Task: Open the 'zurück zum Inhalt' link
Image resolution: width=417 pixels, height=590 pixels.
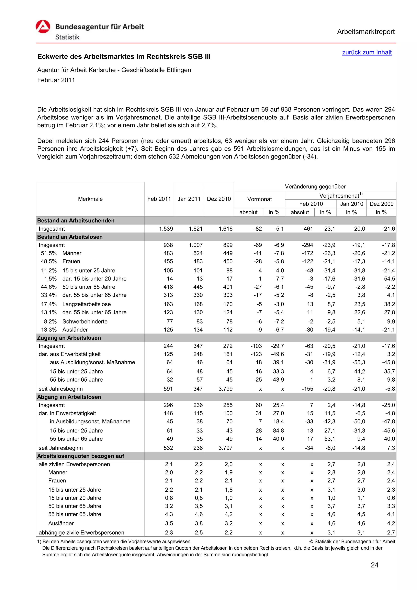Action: [367, 52]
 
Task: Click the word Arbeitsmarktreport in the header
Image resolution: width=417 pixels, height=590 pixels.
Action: [366, 32]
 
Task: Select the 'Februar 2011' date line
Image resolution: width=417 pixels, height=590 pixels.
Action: [56, 80]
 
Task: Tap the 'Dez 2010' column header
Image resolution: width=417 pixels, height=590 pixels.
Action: [219, 199]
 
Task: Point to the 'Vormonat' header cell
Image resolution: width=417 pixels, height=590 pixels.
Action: [259, 199]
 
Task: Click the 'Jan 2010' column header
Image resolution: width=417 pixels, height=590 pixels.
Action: [351, 204]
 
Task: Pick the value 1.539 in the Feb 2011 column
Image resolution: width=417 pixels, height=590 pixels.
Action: [166, 229]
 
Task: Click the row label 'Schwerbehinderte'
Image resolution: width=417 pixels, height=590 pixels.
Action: [85, 321]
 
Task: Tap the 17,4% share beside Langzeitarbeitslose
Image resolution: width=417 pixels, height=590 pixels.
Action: [49, 304]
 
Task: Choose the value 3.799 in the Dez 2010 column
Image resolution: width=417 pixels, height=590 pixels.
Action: [225, 389]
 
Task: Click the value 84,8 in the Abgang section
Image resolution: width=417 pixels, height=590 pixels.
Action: [278, 430]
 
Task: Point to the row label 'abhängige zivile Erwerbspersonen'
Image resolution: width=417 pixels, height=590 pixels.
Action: [81, 532]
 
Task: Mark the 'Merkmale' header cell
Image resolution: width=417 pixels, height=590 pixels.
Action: [90, 199]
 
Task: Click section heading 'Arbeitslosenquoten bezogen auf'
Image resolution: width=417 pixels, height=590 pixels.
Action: [81, 456]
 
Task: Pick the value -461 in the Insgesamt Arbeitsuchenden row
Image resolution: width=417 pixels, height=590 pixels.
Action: [307, 229]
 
